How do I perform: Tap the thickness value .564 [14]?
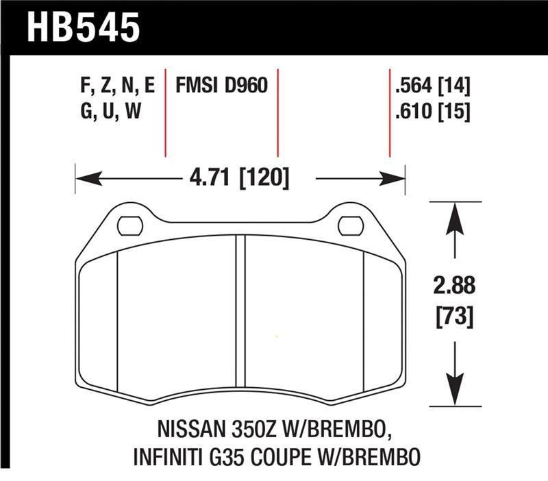(432, 86)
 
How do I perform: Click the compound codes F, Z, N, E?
(117, 86)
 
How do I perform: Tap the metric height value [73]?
(453, 317)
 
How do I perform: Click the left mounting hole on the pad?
(129, 225)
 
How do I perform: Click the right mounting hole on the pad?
(351, 225)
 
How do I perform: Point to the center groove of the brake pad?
(240, 315)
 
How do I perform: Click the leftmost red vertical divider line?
(165, 113)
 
